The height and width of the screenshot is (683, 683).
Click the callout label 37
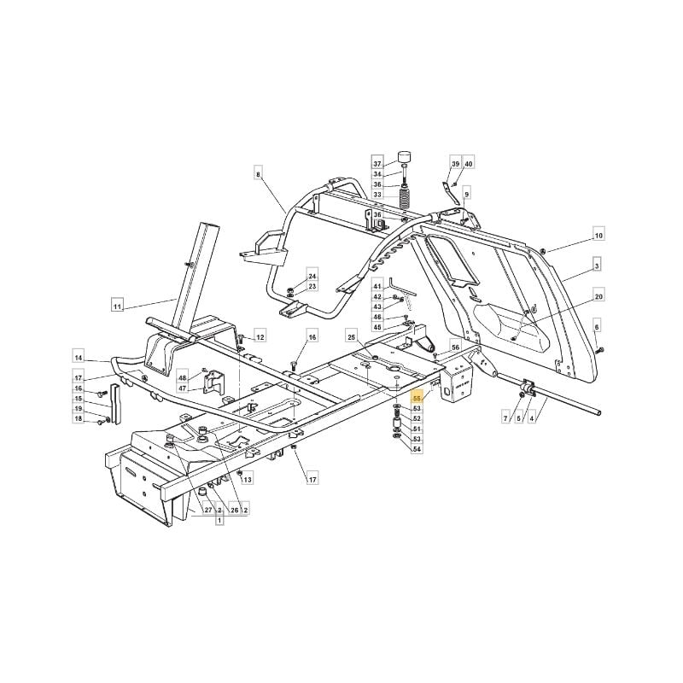point(377,164)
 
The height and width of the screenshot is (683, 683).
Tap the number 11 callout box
point(117,307)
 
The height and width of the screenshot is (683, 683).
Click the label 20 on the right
point(599,296)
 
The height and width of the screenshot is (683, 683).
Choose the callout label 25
point(352,336)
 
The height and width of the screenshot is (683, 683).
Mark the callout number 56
point(455,347)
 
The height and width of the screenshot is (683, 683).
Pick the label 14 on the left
point(78,358)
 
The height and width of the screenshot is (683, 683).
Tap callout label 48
point(182,378)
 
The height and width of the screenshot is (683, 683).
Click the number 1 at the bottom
point(219,520)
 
